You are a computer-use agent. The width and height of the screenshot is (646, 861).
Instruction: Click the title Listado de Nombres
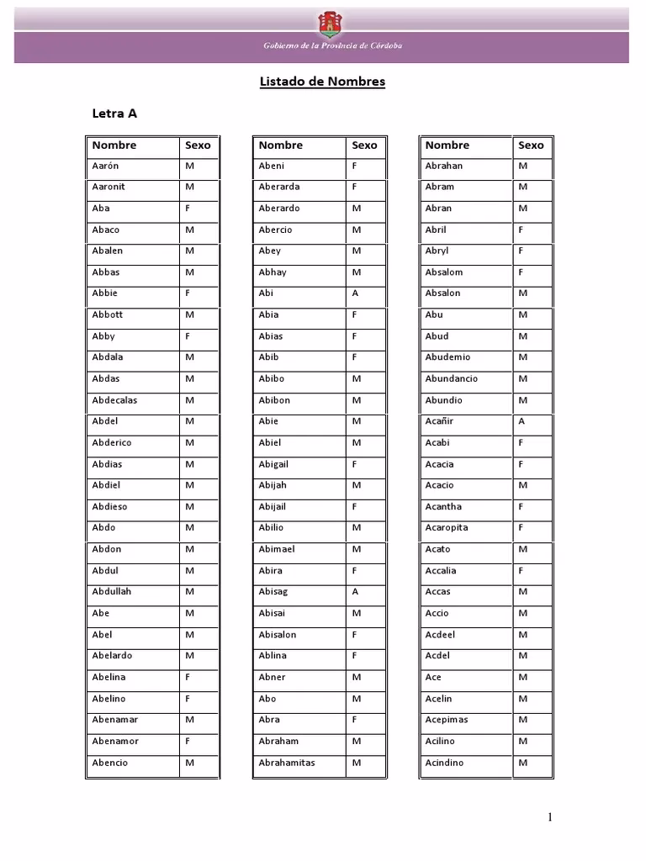pos(321,82)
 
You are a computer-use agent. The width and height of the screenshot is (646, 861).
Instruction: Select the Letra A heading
pos(114,113)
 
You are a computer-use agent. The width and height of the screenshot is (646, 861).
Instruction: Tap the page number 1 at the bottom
pos(550,817)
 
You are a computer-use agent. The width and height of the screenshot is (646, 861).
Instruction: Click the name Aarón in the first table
pos(105,166)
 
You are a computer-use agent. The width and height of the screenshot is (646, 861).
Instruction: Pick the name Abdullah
pos(112,592)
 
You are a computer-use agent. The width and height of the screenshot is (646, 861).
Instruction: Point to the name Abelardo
pos(112,656)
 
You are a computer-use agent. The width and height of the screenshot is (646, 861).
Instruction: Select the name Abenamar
pos(115,720)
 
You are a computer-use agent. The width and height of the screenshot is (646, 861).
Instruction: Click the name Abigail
pos(273,464)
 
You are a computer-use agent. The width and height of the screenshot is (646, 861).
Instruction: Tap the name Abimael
pos(277,549)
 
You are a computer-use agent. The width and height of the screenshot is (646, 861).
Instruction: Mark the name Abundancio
pos(451,379)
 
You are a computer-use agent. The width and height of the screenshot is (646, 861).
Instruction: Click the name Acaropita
pos(447,528)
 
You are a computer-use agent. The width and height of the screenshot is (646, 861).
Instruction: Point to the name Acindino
pos(444,763)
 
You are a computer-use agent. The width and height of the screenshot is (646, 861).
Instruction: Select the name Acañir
pos(439,421)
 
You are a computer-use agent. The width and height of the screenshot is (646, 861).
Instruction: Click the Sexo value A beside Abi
pos(355,293)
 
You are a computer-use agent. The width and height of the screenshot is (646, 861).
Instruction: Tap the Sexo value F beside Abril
pos(522,230)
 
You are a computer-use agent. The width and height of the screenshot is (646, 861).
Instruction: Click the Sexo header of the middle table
pos(364,145)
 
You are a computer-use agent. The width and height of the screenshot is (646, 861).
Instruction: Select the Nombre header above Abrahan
pos(447,145)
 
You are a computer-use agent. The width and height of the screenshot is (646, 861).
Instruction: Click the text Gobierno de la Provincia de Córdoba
pos(333,45)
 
